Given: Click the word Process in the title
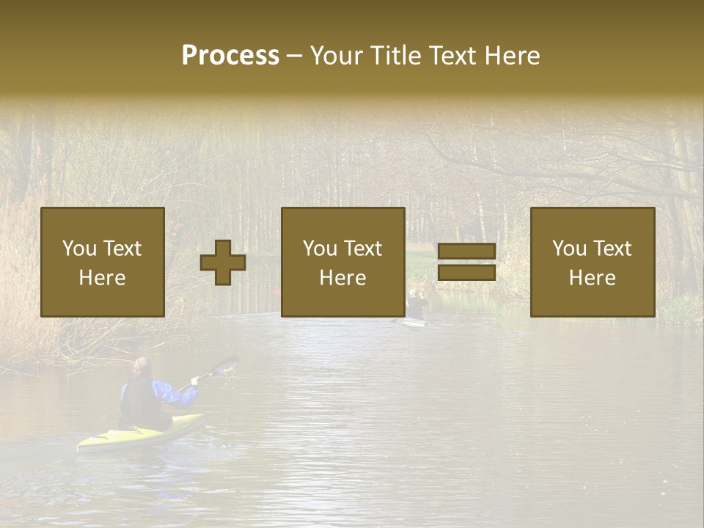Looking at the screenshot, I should tap(230, 56).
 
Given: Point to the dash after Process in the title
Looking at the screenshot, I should tap(295, 56).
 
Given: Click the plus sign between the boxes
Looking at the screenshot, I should tap(223, 263).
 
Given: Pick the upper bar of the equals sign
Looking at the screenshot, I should tap(466, 252).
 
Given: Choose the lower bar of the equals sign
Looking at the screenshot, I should tap(466, 272).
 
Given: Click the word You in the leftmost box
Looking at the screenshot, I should tap(79, 248).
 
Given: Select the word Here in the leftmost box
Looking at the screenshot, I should tap(102, 278).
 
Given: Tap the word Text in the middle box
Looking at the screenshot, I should tap(362, 249).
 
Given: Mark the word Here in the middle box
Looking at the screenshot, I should tap(342, 278).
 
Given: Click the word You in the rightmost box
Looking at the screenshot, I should tap(570, 249).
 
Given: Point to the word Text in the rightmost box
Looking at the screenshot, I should tap(612, 249).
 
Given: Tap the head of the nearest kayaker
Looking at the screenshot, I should tap(143, 367).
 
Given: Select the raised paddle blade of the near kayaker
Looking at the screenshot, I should tap(224, 365).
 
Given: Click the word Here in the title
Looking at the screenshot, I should tap(512, 56).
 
